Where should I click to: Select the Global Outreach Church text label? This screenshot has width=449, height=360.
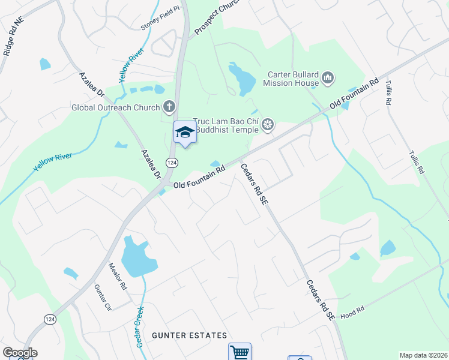(x=115, y=108)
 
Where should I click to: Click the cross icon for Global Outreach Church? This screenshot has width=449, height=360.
(x=169, y=107)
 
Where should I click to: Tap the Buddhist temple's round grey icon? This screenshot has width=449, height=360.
(x=268, y=125)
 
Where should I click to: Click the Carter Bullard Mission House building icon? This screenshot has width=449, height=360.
(x=328, y=77)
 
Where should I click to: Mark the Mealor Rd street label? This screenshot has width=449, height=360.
(x=118, y=277)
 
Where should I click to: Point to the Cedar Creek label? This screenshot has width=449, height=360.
(x=139, y=327)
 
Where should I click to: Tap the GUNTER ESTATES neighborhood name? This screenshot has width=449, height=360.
(x=190, y=335)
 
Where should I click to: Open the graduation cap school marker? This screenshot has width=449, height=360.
(x=185, y=133)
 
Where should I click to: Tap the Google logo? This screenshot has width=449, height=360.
(x=20, y=353)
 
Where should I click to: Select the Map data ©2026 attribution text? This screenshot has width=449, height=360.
(x=423, y=355)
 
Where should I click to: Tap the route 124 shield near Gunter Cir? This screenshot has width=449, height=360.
(x=50, y=320)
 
